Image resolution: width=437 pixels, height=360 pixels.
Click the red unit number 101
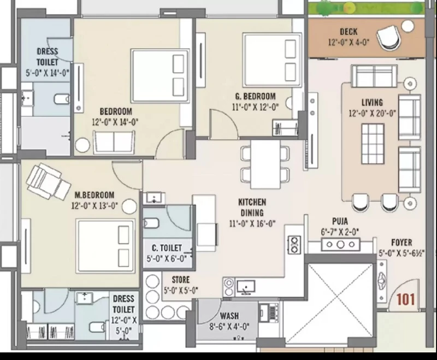coord(405,299)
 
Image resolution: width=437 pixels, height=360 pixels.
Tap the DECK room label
coord(349,32)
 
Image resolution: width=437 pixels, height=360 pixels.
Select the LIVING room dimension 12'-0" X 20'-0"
coord(373,114)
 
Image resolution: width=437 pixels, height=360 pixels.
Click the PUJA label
coord(340,221)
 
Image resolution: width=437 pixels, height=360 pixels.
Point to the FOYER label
coord(401,243)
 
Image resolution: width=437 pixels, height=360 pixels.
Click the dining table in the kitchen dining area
coord(265,164)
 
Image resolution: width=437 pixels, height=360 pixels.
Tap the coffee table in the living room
coord(373,144)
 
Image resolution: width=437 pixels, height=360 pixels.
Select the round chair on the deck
coord(389,37)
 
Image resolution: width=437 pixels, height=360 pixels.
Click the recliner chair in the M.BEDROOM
coord(48,181)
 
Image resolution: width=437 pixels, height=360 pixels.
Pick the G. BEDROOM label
coord(255,96)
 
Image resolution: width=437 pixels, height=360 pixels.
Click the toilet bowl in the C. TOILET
coord(151,223)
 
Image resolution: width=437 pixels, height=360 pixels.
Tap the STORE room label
coord(181,280)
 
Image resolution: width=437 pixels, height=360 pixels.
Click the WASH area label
coord(229,316)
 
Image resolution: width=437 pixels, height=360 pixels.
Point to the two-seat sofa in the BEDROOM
coord(114,142)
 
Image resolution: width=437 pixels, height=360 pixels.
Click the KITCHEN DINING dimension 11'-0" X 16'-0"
coord(252,223)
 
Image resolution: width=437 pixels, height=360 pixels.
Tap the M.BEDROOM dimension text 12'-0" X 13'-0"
coord(95,205)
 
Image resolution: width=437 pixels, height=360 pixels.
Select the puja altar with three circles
coord(340,245)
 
